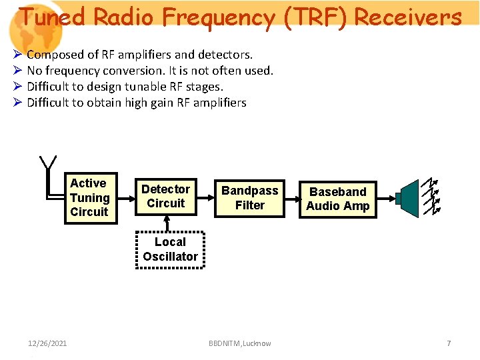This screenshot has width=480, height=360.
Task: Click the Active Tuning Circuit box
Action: (89, 197)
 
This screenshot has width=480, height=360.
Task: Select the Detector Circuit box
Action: (165, 197)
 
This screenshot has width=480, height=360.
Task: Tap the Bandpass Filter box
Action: (250, 198)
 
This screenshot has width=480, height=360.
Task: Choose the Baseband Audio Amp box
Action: (337, 199)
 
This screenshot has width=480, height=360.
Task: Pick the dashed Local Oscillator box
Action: (170, 249)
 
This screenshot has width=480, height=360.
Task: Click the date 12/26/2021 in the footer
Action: (47, 343)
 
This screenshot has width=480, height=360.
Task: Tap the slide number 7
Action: (449, 343)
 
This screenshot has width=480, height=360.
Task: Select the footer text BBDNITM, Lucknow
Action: (239, 343)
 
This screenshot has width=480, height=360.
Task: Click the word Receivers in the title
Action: (408, 17)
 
